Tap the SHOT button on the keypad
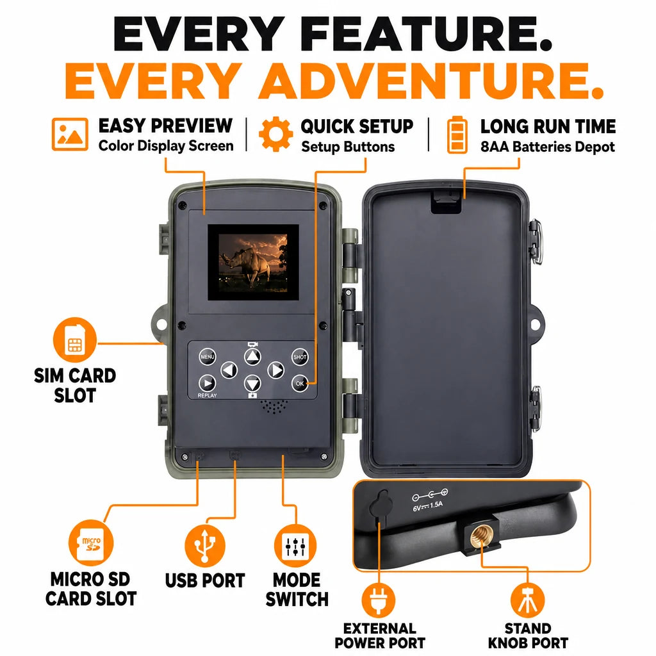[300, 357]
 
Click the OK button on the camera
[300, 383]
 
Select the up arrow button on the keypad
[252, 356]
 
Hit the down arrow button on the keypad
[252, 383]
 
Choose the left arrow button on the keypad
[229, 370]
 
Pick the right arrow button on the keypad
[275, 370]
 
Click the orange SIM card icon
[75, 340]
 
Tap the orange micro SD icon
[90, 543]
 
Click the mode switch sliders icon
[296, 546]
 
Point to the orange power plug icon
[378, 600]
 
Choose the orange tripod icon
[528, 600]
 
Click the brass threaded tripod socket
[480, 536]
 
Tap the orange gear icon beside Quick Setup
[275, 135]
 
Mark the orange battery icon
[457, 135]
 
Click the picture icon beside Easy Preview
[70, 135]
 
